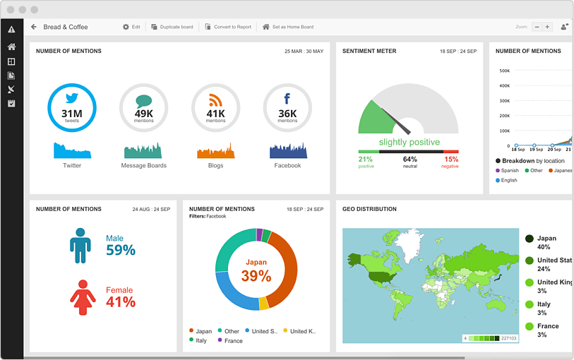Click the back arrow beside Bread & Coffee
tap(33, 27)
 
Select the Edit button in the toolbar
tap(131, 27)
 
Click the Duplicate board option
tap(172, 27)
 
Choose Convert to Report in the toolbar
tap(228, 27)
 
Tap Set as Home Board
tap(288, 27)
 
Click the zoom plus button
tap(547, 27)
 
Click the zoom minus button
tap(537, 27)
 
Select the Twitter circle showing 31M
tap(72, 108)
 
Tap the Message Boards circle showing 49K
tap(144, 108)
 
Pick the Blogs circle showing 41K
tap(215, 108)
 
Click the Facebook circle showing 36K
tap(287, 108)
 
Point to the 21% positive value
tap(366, 160)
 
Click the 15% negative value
tap(450, 160)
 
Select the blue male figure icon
tap(80, 245)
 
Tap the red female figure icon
tap(83, 297)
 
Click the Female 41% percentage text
tap(120, 302)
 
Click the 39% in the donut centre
tap(256, 276)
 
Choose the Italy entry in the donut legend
tap(201, 340)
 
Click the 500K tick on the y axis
tap(505, 71)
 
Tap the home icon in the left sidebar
tap(11, 47)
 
